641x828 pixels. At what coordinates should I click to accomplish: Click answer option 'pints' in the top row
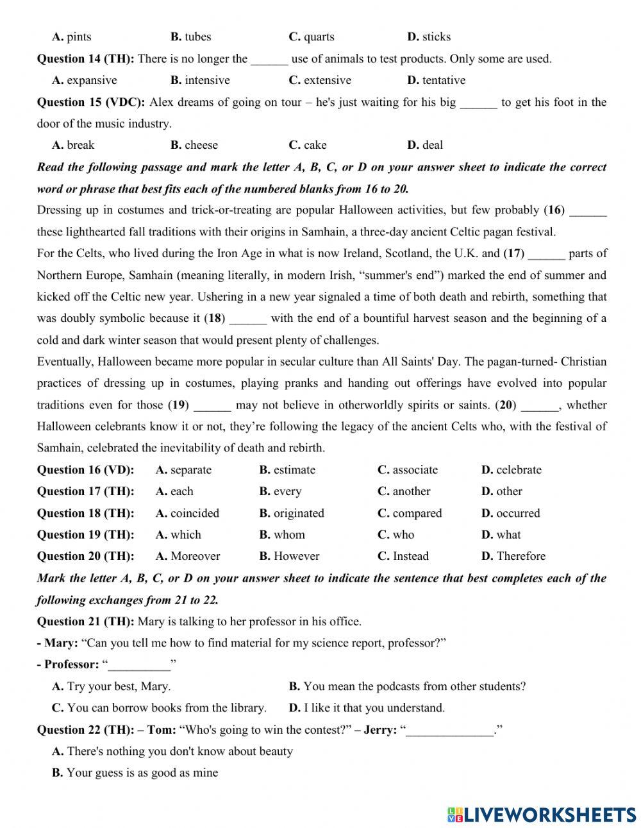coord(79,37)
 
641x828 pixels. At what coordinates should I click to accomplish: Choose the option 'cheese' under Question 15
coord(201,145)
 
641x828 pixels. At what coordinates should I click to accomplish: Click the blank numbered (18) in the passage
coord(247,319)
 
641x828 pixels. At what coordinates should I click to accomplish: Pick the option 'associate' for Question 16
coord(415,470)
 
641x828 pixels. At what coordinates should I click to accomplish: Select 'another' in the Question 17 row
coord(412,491)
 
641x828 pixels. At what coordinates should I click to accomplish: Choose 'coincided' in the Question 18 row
coord(194,513)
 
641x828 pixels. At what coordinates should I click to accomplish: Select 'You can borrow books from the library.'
coord(167,708)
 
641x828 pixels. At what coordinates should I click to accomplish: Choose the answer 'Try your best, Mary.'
coord(119,686)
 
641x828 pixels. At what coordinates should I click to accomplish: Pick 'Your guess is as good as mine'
coord(142,773)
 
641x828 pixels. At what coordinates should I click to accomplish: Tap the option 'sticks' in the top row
coord(436,37)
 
